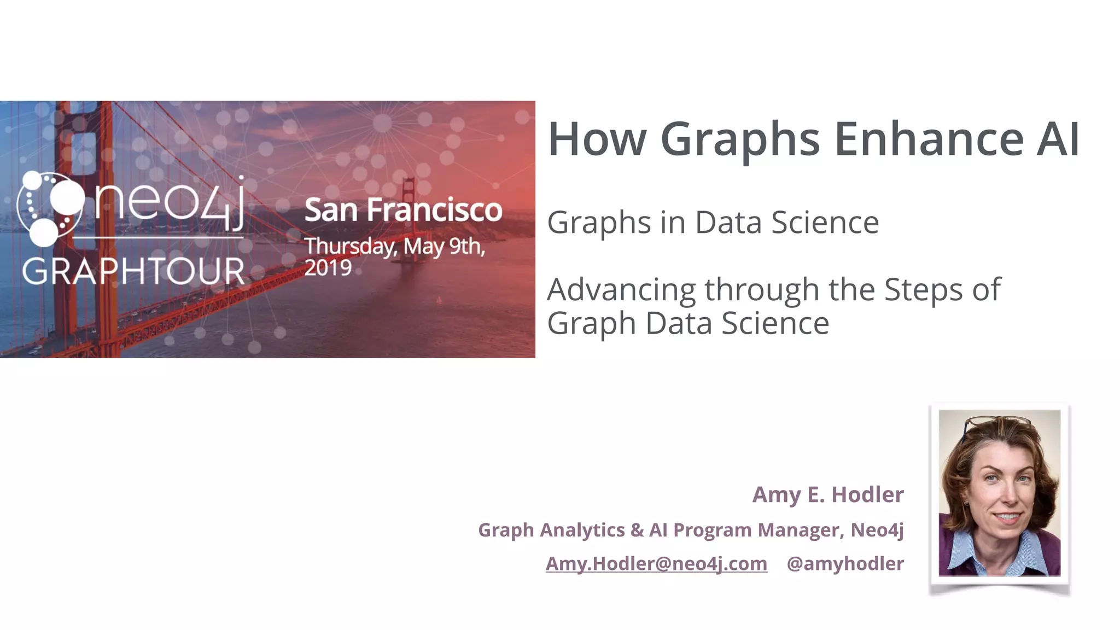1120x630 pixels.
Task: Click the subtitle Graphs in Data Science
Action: click(x=713, y=223)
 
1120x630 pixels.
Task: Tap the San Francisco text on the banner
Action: click(x=403, y=209)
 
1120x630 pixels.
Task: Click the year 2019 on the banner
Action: click(x=328, y=268)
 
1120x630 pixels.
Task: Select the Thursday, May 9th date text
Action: click(x=394, y=246)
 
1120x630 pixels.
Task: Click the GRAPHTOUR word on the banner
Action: click(x=133, y=271)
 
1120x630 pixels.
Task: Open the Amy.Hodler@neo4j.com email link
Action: click(x=656, y=563)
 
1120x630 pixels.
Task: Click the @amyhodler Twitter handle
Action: click(x=845, y=563)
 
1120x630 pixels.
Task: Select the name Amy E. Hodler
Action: click(x=828, y=494)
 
